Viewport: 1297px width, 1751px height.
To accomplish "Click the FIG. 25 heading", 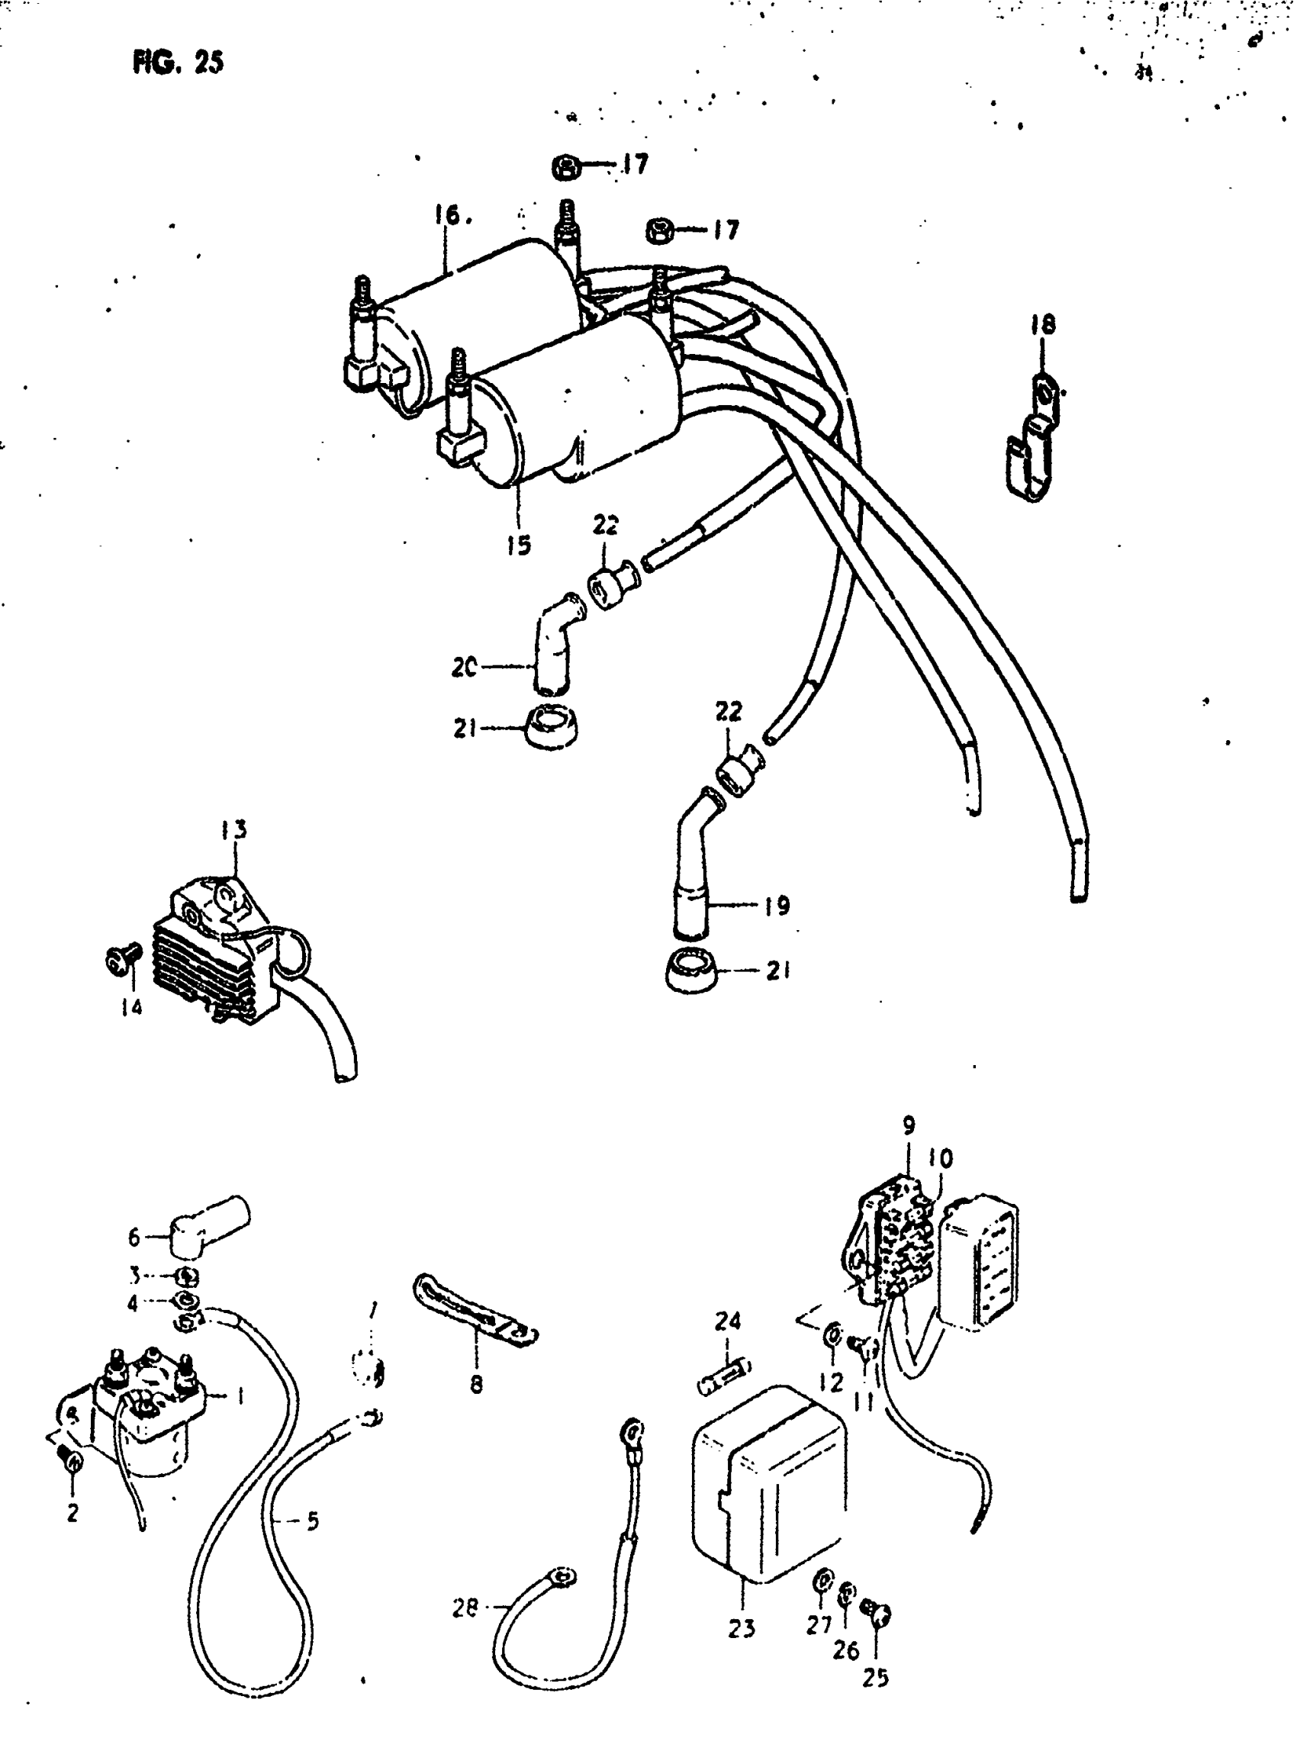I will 179,61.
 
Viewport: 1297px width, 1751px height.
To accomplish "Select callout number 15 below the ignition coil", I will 518,544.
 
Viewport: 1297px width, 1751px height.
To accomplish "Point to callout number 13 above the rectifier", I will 233,829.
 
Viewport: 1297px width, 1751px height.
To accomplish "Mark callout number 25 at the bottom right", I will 874,1677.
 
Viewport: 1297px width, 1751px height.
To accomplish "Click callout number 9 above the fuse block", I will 909,1125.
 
